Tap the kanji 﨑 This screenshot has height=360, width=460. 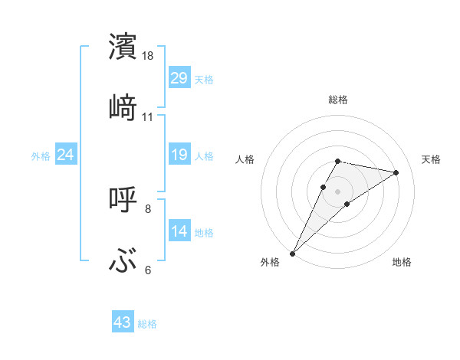point(123,107)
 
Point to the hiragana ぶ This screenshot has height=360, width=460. point(123,260)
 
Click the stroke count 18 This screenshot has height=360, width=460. point(148,56)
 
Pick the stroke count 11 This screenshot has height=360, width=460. point(148,117)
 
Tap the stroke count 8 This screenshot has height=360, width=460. point(148,208)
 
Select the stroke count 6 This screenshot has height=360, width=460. point(148,270)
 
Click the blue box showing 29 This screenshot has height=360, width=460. point(179,78)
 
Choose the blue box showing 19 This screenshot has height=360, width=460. point(179,155)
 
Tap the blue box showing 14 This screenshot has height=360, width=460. point(179,231)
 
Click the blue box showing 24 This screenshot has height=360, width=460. point(65,155)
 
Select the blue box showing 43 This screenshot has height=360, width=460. point(122,323)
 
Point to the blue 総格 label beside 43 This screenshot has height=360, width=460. point(147,324)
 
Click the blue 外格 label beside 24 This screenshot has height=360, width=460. point(41,155)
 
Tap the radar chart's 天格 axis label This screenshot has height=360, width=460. point(431,159)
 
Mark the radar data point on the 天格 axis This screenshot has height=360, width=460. point(396,172)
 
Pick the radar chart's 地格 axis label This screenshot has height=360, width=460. point(402,262)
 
